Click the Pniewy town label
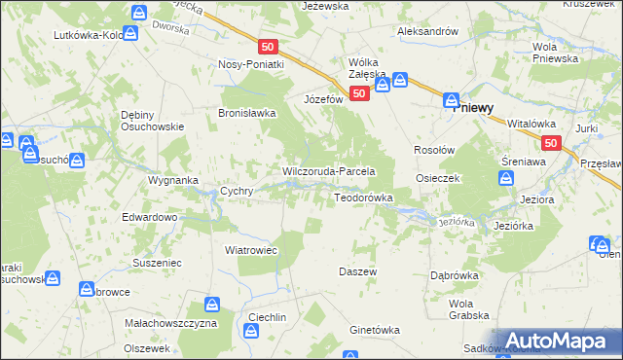click(479, 109)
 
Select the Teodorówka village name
click(363, 198)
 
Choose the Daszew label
click(357, 271)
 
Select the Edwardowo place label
click(149, 217)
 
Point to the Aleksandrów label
click(427, 31)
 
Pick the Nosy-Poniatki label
click(250, 64)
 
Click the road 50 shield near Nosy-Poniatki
click(270, 46)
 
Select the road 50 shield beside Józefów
click(359, 93)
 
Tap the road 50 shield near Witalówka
click(551, 143)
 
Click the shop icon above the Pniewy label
click(452, 99)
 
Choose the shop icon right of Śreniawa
click(506, 178)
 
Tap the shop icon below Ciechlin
click(252, 333)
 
